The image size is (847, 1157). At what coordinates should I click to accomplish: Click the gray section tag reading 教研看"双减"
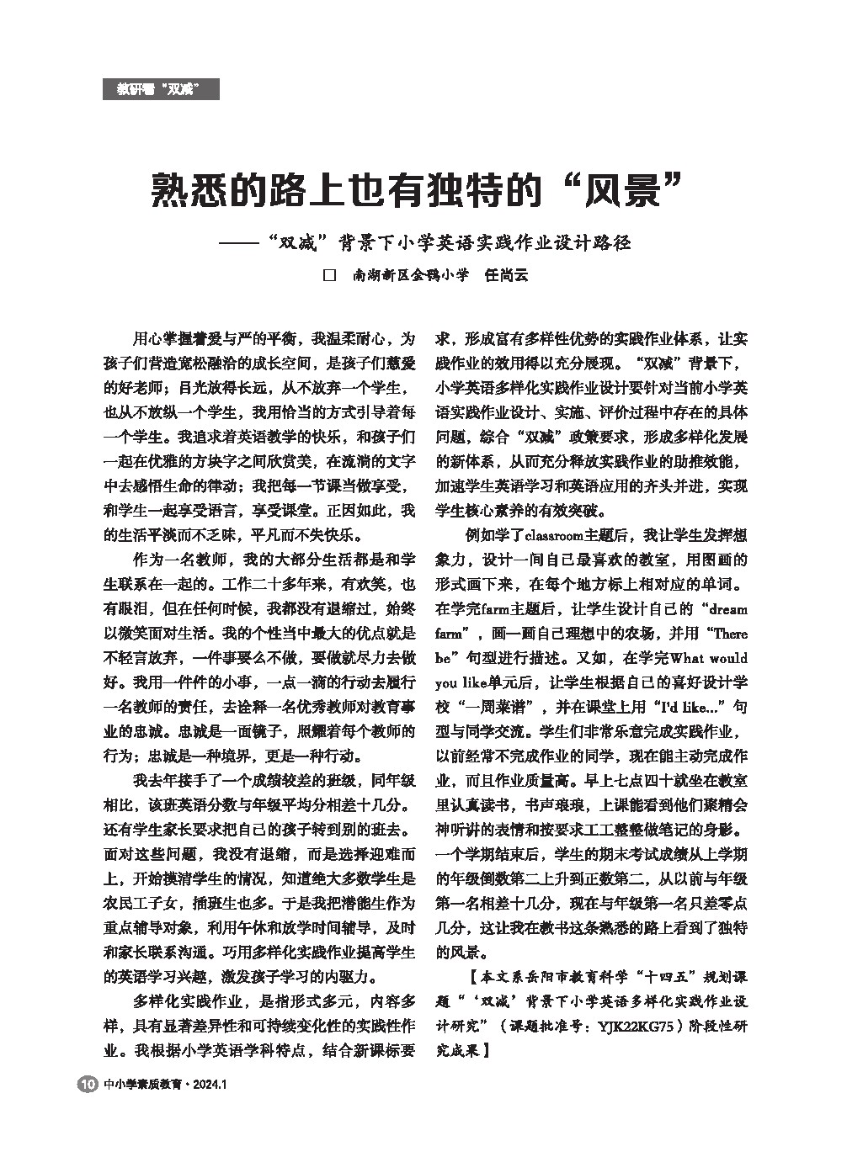click(161, 89)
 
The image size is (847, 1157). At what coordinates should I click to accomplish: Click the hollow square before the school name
click(330, 275)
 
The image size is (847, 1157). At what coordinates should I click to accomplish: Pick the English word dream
click(727, 608)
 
